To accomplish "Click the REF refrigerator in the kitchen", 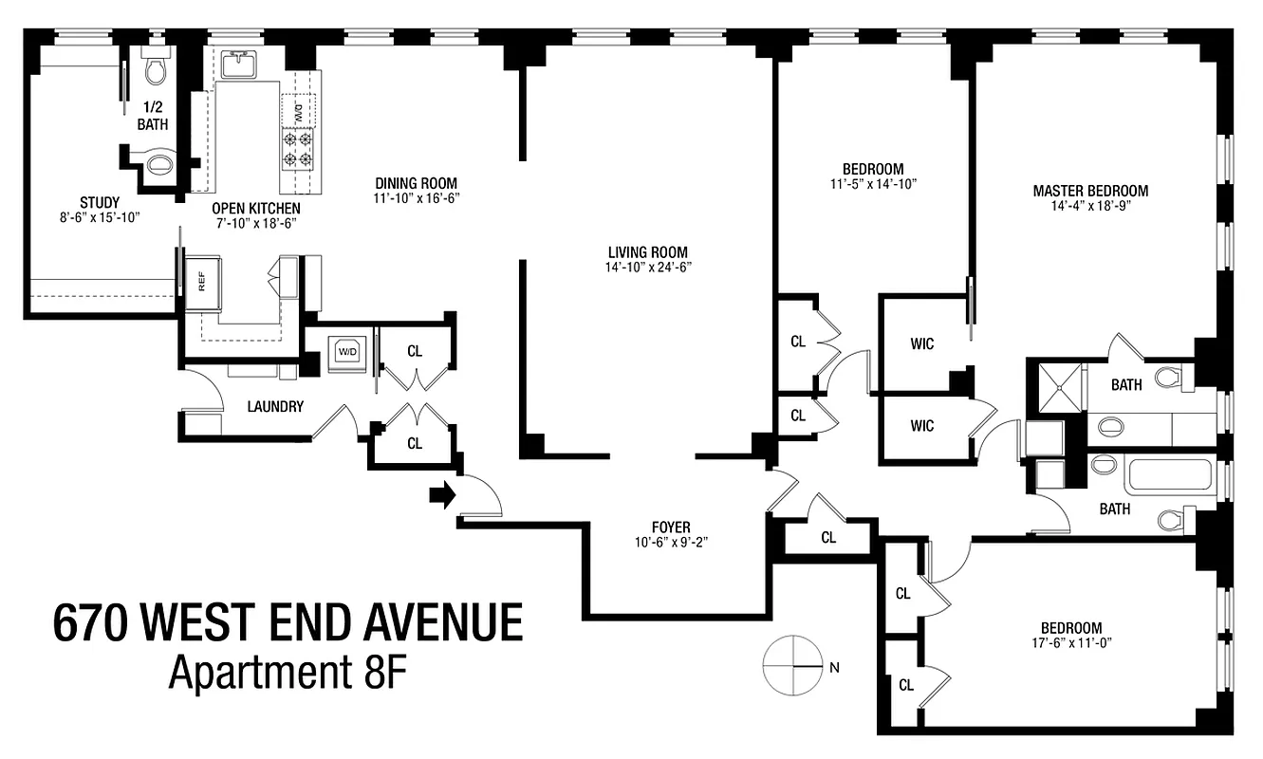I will (201, 281).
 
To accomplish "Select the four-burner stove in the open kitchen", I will (297, 150).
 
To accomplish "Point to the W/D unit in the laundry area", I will (343, 352).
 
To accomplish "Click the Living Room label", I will (649, 252).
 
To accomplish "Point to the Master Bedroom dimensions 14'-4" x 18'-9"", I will (1089, 205).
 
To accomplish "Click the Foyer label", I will (671, 528).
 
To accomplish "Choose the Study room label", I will (100, 202).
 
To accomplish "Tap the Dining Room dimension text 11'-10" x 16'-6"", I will (417, 199).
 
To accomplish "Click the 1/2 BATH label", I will (152, 116).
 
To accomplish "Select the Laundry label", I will (275, 407).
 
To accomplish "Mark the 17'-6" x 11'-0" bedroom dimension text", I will (1070, 642).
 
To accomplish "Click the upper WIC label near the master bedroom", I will (921, 343).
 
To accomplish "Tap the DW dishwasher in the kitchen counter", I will (297, 112).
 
